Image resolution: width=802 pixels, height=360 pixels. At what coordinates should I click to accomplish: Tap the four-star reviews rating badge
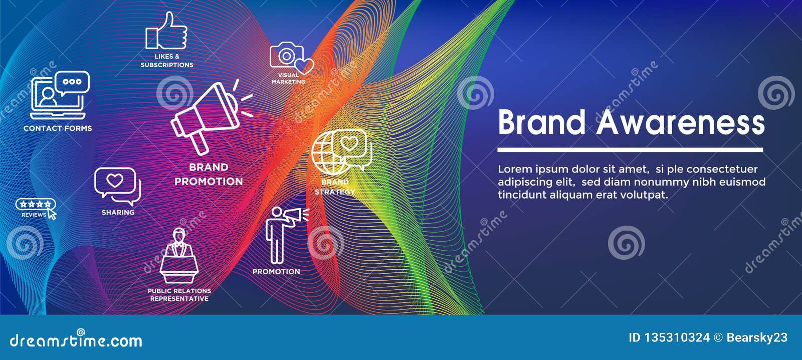click(35, 204)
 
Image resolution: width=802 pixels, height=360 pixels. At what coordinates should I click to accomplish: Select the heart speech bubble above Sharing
click(116, 184)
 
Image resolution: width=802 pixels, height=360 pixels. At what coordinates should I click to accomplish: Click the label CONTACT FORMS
click(58, 128)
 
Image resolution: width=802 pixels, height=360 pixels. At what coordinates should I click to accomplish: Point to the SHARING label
click(118, 213)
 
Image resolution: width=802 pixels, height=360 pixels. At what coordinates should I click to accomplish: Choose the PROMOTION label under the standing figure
click(276, 272)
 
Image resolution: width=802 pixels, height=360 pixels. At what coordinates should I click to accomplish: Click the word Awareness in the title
click(681, 122)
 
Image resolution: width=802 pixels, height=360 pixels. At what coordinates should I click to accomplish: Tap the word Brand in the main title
click(541, 122)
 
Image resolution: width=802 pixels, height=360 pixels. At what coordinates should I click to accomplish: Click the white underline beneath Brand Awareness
click(630, 149)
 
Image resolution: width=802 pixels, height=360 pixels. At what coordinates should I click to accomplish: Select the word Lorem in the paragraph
click(514, 169)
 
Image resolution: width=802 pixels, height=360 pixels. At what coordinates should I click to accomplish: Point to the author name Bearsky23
click(757, 338)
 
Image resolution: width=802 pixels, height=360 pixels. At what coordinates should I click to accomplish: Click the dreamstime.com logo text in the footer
click(76, 341)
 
